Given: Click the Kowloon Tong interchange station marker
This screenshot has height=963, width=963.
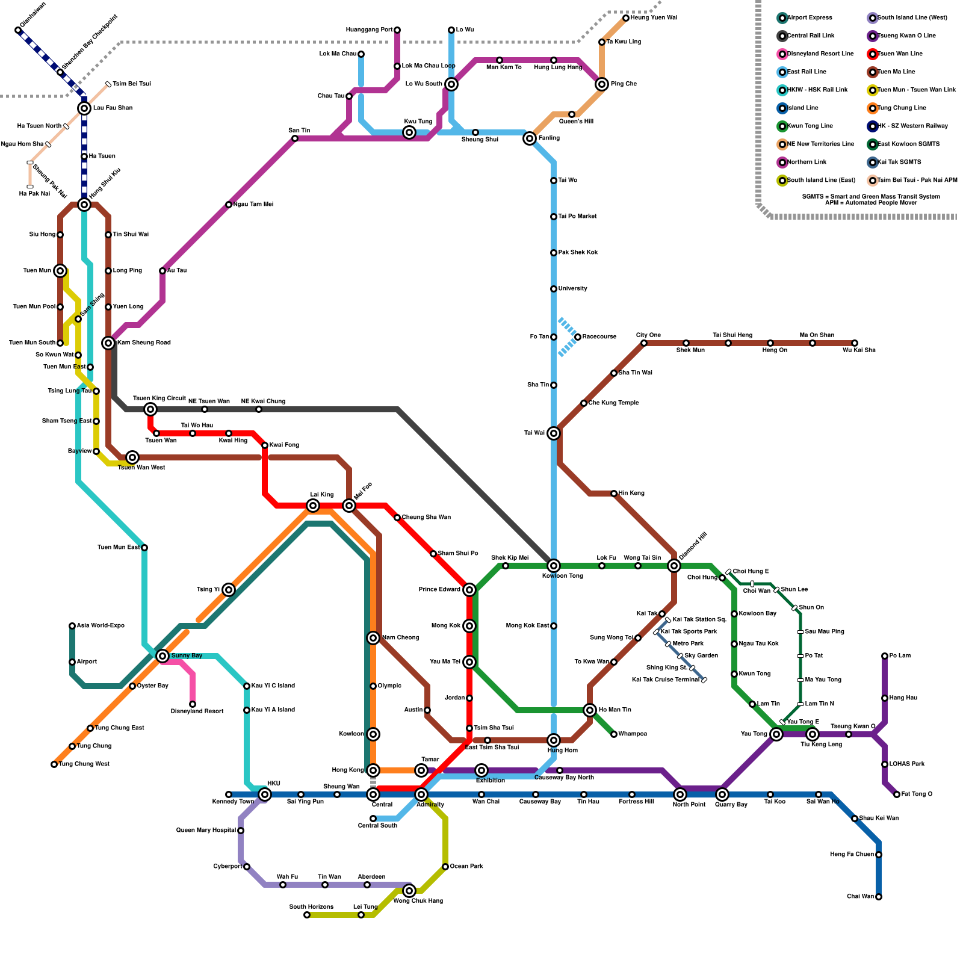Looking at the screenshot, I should point(554,566).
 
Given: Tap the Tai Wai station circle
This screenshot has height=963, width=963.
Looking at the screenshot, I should point(554,433).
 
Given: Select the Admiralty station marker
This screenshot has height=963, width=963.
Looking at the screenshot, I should point(421,794).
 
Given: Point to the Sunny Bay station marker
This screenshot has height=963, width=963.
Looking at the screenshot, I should point(163,656).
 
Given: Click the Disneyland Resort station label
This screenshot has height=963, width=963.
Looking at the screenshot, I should point(197,711).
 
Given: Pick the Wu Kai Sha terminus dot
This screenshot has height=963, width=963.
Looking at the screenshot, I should point(855,343).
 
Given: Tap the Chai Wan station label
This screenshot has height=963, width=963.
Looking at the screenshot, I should point(860,897).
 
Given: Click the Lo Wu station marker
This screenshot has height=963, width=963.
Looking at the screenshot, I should point(451,30).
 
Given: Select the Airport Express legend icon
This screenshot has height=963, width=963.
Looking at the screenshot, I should point(782,18).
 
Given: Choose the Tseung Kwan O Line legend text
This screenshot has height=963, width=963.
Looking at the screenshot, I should point(906,36).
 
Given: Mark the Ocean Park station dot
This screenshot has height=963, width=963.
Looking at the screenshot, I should point(445,867).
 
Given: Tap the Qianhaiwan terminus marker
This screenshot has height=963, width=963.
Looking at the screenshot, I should point(18,30).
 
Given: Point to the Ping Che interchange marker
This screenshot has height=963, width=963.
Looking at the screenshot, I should point(602,84).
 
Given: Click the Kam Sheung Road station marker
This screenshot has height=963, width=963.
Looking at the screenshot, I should point(108,343).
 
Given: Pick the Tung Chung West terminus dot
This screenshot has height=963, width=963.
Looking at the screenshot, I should point(54,764).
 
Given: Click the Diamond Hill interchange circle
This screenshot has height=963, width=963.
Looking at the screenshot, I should point(674,566).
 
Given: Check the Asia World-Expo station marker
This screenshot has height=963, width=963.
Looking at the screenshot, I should point(72,626).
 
